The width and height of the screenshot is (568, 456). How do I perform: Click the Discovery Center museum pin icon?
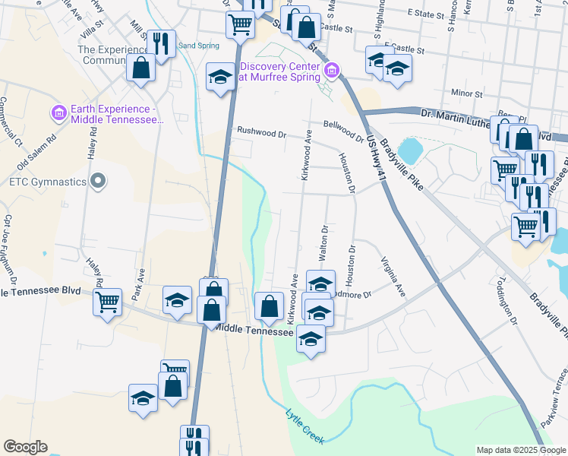coord(331,71)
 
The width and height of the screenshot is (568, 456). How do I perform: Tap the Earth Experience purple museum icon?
coord(59,113)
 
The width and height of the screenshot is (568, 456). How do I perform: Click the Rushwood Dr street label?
coord(261,131)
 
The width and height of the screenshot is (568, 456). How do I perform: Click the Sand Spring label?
coord(198,46)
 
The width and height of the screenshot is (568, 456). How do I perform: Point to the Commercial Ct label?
coord(8,122)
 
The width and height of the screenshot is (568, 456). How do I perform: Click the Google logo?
coord(25,447)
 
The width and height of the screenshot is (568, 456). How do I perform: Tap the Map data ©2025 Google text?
coord(520,450)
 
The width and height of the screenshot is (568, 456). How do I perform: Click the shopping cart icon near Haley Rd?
coord(106,302)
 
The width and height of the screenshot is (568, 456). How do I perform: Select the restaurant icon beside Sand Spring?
coord(160,44)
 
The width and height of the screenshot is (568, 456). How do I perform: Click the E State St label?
coord(426,13)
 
